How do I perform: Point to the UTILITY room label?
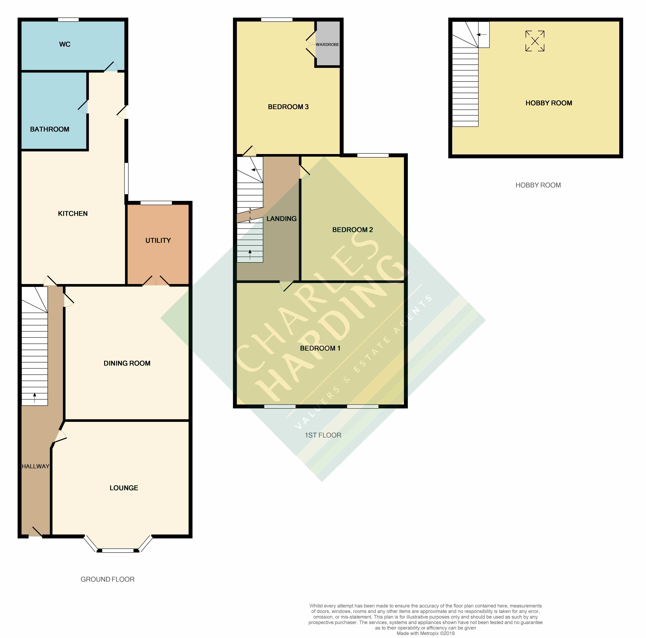(158, 240)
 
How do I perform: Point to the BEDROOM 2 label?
(352, 230)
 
